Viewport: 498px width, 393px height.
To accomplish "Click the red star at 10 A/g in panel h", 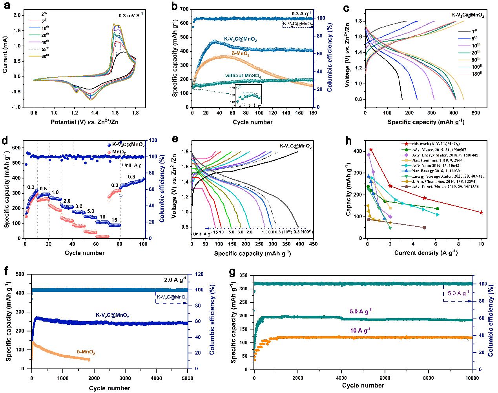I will tap(481, 212).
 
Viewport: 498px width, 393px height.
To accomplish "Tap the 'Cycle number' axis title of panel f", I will tap(110, 388).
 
